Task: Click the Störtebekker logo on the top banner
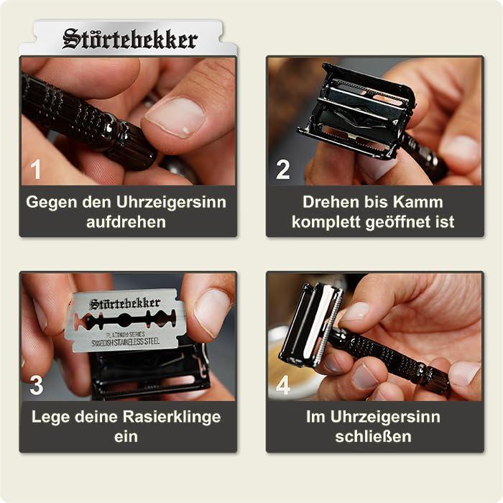[129, 39]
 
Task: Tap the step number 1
[36, 170]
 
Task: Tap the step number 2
[283, 170]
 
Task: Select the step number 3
[36, 385]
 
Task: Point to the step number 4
[283, 385]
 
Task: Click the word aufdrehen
[126, 222]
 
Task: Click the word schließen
[372, 437]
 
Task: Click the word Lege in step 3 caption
[50, 417]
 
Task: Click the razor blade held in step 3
[126, 320]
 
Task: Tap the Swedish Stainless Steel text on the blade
[126, 343]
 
